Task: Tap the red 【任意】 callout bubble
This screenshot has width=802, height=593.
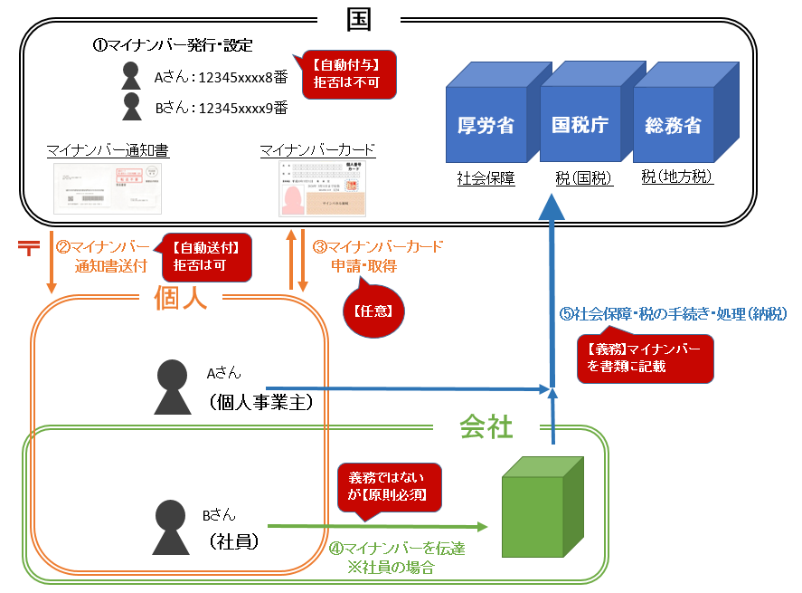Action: [x=372, y=309]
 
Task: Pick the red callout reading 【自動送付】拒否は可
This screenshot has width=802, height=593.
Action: [x=205, y=255]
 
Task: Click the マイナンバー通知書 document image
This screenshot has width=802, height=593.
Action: [x=108, y=188]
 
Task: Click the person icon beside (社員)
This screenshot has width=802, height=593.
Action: [x=171, y=527]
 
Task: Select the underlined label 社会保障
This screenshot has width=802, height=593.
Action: [x=486, y=180]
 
